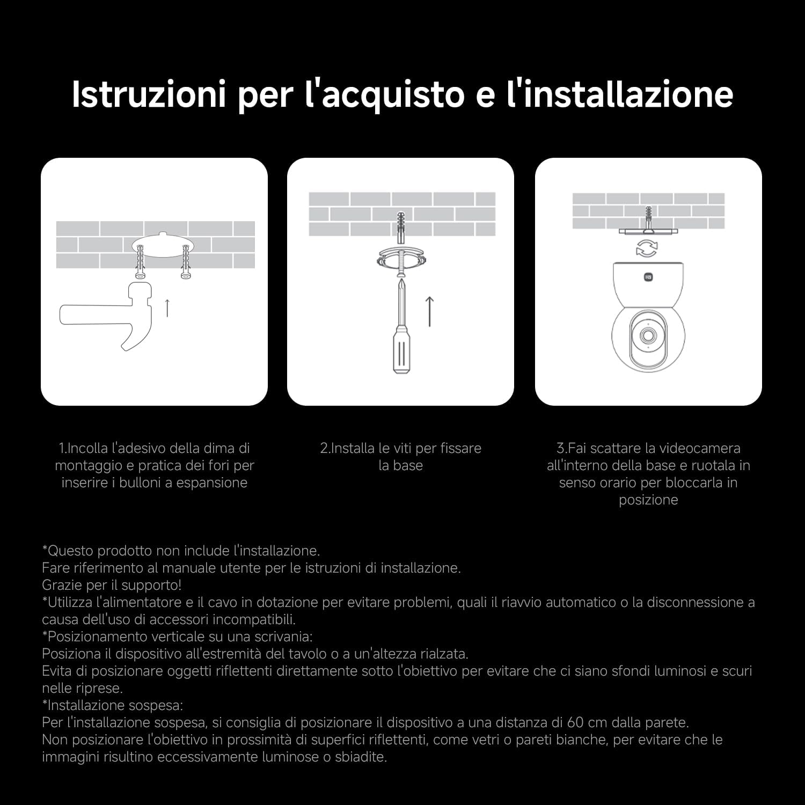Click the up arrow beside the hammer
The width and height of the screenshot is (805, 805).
coord(167,308)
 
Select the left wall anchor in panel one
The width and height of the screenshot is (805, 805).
coord(141,262)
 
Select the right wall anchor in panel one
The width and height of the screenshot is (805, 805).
coord(186,262)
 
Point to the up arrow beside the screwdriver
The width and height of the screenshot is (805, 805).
coord(429,311)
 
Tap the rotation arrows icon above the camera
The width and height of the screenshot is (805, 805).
coord(647,248)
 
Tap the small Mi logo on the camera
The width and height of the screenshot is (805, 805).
coord(648,277)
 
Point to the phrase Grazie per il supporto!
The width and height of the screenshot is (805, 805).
coord(112,585)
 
